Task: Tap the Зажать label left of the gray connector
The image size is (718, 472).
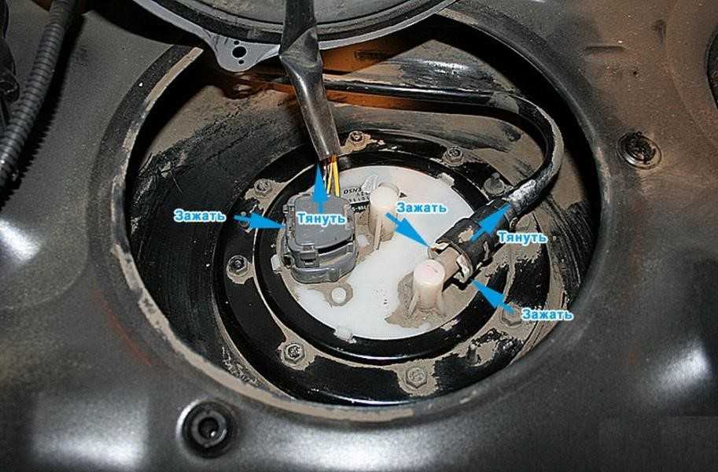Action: pyautogui.click(x=199, y=216)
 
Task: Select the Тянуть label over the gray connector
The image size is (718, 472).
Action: pyautogui.click(x=321, y=218)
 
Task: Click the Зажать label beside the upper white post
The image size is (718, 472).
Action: pyautogui.click(x=422, y=207)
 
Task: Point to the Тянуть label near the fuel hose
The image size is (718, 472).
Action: pyautogui.click(x=522, y=238)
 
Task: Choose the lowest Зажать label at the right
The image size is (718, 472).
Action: pyautogui.click(x=547, y=315)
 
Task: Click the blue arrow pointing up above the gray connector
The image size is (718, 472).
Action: pyautogui.click(x=321, y=188)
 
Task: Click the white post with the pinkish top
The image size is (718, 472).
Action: pyautogui.click(x=429, y=284)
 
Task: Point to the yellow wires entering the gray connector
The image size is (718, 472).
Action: pyautogui.click(x=333, y=177)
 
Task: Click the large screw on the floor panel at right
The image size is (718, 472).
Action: pyautogui.click(x=639, y=150)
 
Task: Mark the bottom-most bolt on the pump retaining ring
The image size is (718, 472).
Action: pyautogui.click(x=416, y=377)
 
